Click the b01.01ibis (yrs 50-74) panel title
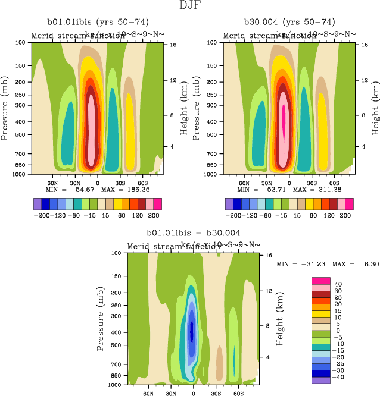98,22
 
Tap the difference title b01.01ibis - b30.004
194,232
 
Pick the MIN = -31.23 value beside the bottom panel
298,263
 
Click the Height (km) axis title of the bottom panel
280,318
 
